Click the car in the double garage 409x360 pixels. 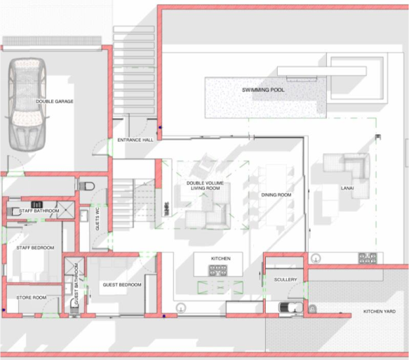27,105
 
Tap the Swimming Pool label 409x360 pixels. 263,90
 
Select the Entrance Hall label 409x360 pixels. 135,140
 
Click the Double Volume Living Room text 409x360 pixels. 205,185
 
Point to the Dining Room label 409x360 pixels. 276,195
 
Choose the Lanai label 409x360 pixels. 347,188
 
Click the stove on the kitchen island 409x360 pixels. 217,270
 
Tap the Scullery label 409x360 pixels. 286,280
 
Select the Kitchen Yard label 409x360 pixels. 380,312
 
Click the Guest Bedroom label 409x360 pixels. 122,285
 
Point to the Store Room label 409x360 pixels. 32,298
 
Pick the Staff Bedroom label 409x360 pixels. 35,248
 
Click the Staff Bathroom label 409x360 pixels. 39,211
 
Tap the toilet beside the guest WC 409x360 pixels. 86,186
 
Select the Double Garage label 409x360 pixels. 55,102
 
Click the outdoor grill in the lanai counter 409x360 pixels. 368,258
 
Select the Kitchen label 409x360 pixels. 221,258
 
